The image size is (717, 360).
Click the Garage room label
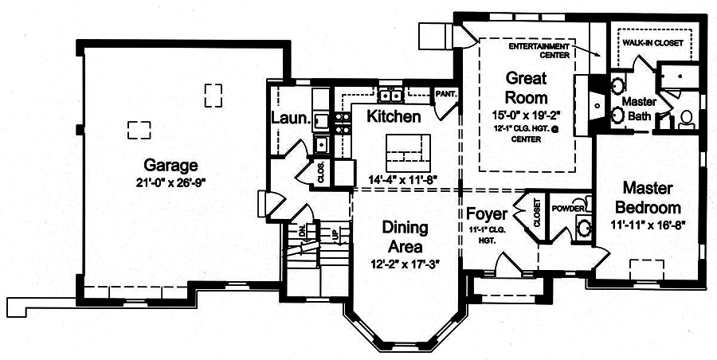point(170,166)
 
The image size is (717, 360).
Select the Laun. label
point(290,118)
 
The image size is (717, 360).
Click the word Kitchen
point(394,117)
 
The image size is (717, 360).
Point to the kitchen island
point(408,149)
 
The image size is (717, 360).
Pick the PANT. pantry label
point(445,94)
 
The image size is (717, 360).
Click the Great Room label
point(527,88)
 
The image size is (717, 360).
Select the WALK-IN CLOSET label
point(652,43)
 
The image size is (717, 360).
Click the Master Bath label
point(638,109)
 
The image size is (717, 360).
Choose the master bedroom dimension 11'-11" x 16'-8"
point(648,225)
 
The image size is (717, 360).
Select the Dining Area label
point(406,237)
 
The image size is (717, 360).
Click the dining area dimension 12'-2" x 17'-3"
point(406,263)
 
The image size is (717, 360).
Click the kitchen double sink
point(390,96)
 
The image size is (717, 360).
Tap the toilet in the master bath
point(686,120)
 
